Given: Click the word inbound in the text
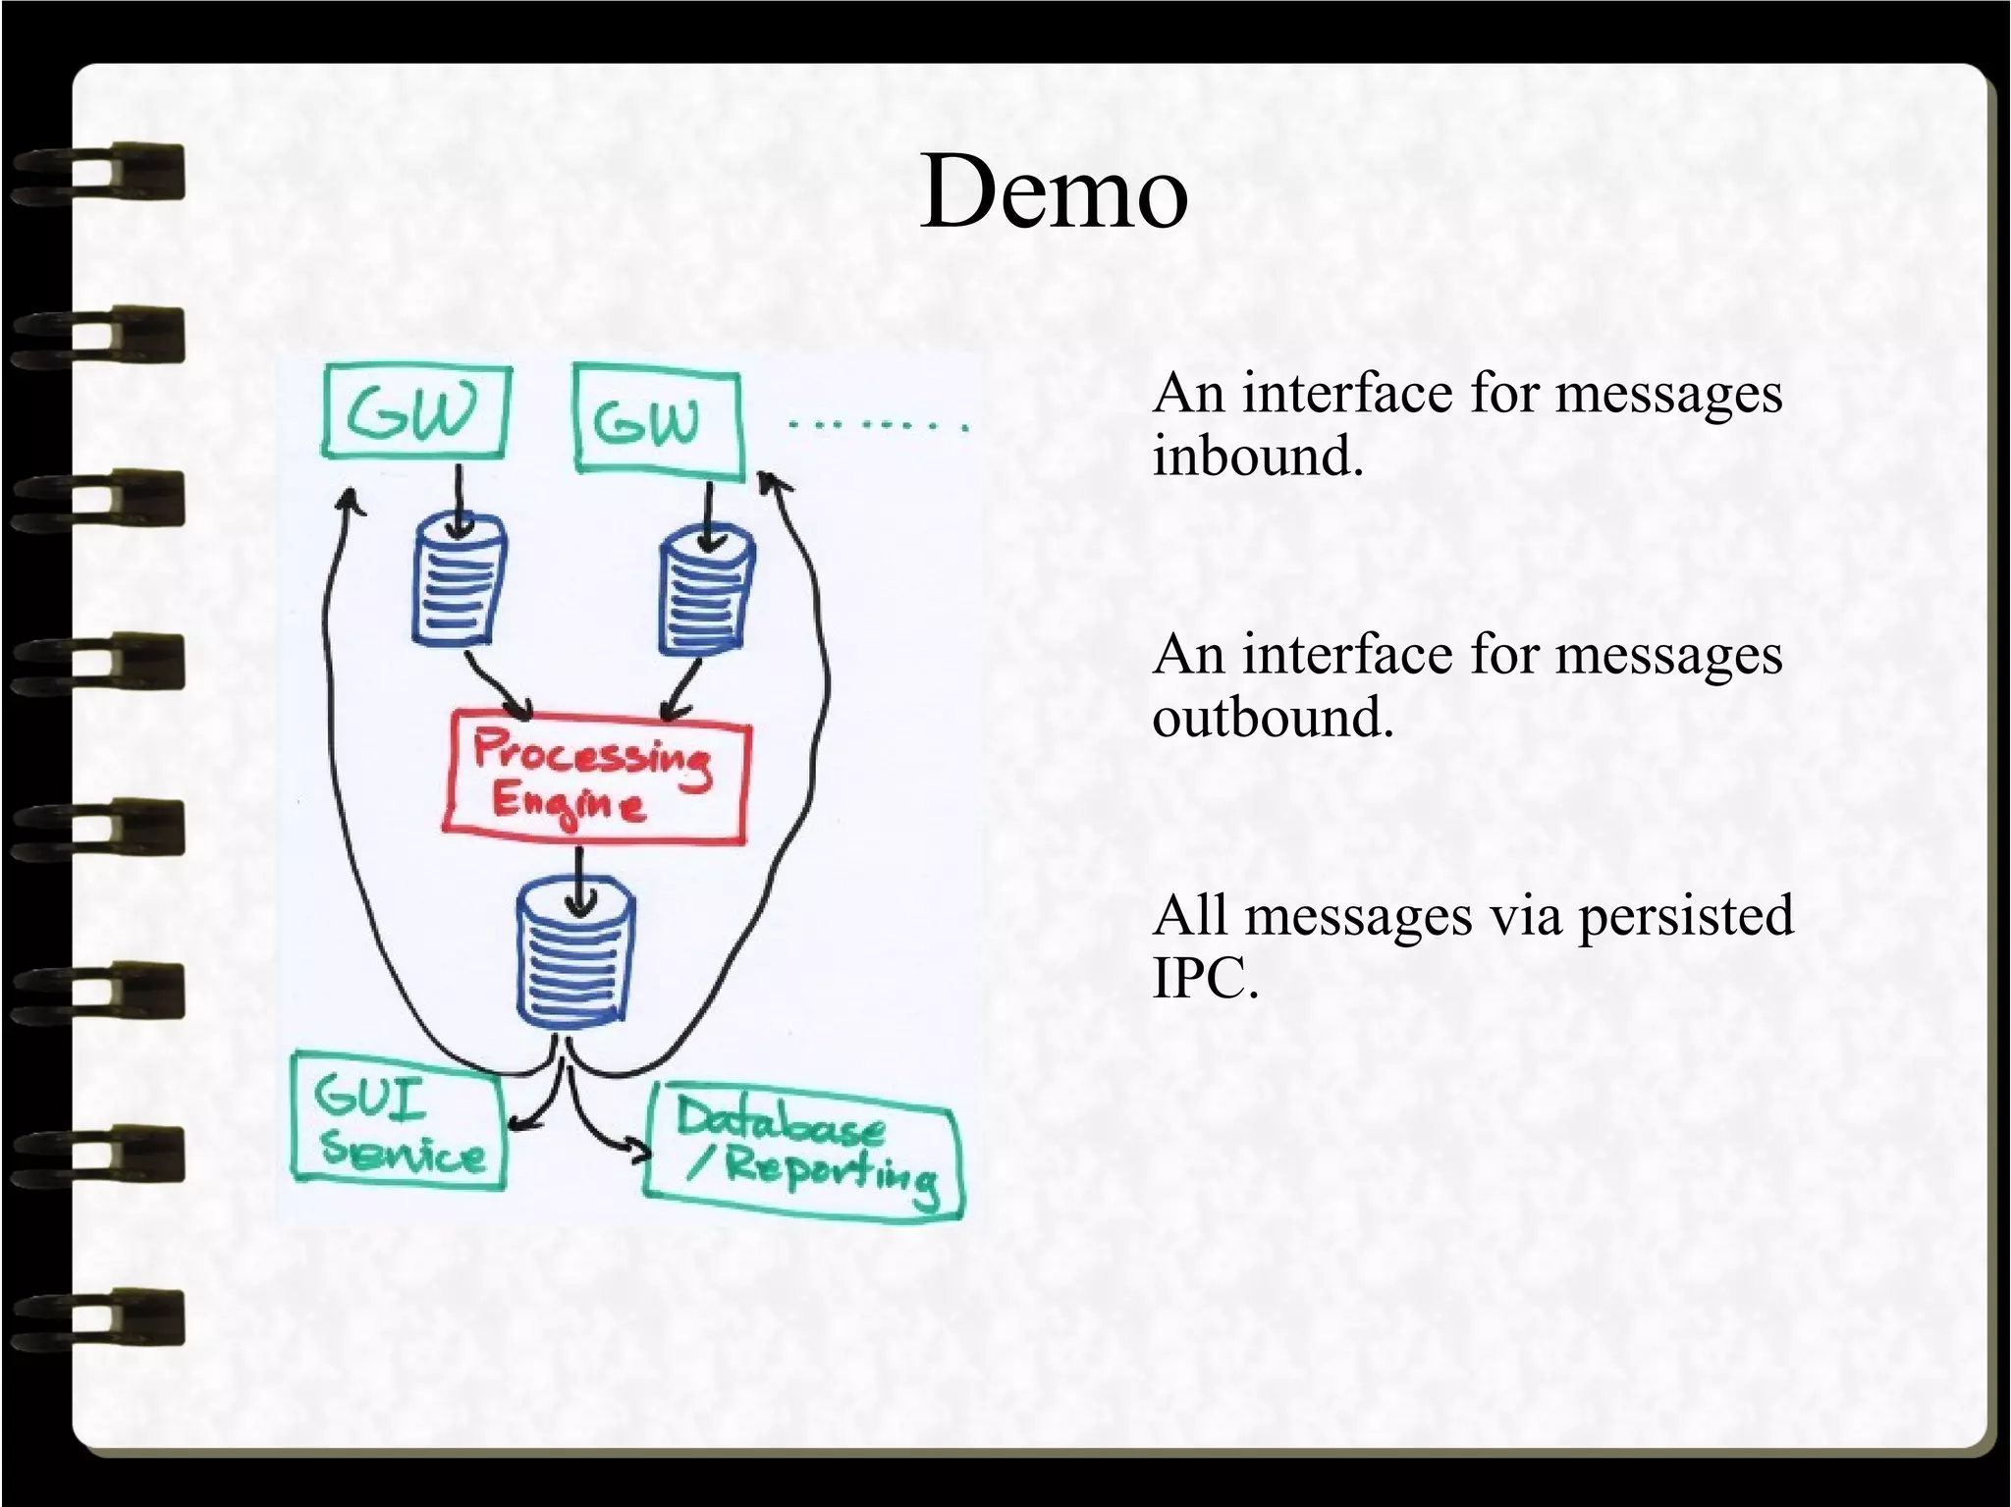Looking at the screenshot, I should pyautogui.click(x=1258, y=457).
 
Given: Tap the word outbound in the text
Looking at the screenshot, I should pyautogui.click(x=1273, y=718).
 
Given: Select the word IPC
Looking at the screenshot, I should pyautogui.click(x=1204, y=978).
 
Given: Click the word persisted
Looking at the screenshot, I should pyautogui.click(x=1685, y=916).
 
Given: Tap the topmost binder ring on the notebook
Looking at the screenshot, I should pyautogui.click(x=98, y=175).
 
